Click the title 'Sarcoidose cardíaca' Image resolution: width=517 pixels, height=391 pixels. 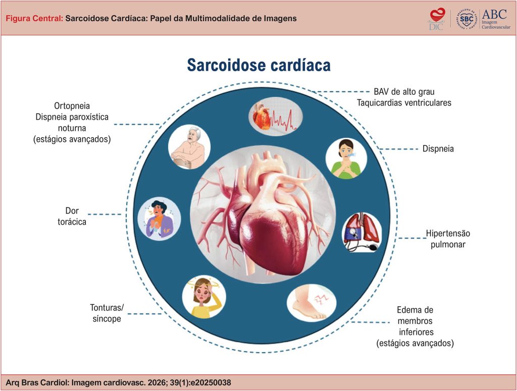(259, 65)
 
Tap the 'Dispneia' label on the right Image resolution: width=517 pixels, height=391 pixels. (438, 149)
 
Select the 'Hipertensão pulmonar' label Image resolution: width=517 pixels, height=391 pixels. (448, 239)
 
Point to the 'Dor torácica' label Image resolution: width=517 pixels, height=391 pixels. (72, 216)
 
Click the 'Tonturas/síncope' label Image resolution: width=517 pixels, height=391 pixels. (107, 313)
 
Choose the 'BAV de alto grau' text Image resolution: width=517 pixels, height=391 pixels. (404, 92)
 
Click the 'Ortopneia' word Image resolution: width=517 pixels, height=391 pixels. (72, 106)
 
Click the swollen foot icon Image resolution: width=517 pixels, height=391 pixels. (311, 303)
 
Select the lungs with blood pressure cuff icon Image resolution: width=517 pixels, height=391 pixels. (362, 232)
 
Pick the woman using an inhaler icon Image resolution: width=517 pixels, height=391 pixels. (346, 158)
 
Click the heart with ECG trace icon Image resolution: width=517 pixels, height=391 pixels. (275, 116)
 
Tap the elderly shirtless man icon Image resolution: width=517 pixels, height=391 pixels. (189, 147)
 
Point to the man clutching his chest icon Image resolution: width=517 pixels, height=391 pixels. (159, 219)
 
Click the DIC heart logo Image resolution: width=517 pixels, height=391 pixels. (437, 20)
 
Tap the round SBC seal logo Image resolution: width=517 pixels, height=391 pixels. (467, 19)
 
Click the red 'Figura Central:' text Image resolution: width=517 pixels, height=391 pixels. (34, 19)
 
